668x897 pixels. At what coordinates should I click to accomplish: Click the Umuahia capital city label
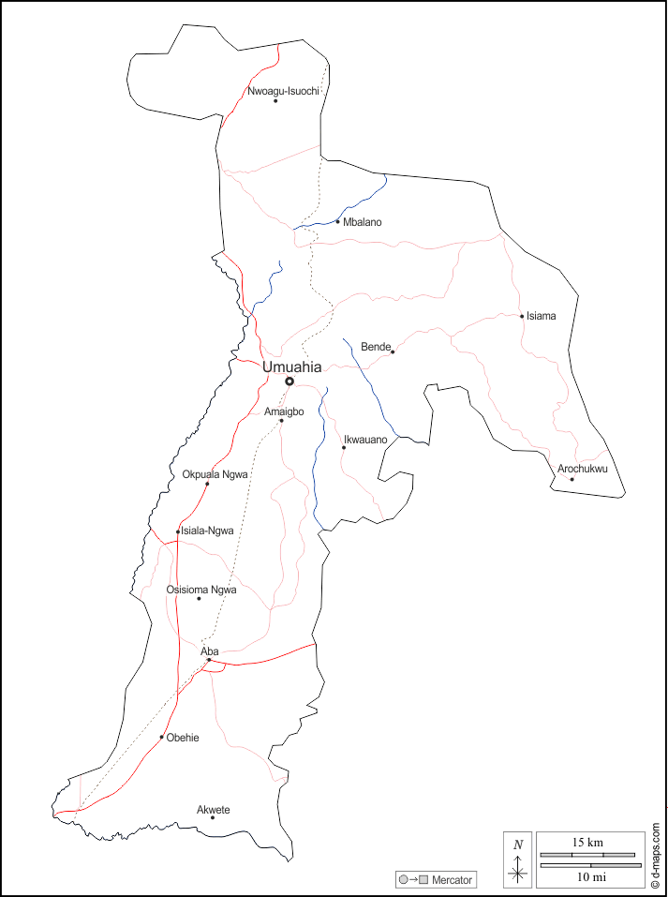click(x=291, y=367)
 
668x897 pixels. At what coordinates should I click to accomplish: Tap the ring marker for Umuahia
click(x=289, y=381)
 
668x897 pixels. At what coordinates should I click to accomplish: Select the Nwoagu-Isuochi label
click(x=284, y=91)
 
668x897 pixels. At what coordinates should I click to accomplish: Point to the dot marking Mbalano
click(x=337, y=222)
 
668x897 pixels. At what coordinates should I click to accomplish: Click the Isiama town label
click(x=541, y=316)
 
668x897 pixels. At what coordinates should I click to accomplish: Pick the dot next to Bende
click(x=393, y=351)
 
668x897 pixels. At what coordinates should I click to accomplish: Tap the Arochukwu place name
click(x=583, y=469)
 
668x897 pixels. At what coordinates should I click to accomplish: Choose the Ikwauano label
click(x=365, y=439)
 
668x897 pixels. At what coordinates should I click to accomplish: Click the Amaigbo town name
click(x=284, y=411)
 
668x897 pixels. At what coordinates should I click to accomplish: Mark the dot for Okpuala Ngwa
click(x=207, y=484)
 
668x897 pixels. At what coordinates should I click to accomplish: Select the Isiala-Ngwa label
click(x=206, y=531)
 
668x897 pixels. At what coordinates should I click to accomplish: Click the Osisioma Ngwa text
click(x=200, y=590)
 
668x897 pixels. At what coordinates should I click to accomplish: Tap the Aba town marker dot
click(x=209, y=661)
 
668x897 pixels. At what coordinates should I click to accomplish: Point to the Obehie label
click(x=183, y=738)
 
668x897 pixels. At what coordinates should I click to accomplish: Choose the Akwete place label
click(x=213, y=810)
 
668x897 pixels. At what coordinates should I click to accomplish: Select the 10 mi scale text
click(x=590, y=876)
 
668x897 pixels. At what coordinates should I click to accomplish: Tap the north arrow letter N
click(x=518, y=845)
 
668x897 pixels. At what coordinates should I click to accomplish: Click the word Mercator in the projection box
click(x=453, y=880)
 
